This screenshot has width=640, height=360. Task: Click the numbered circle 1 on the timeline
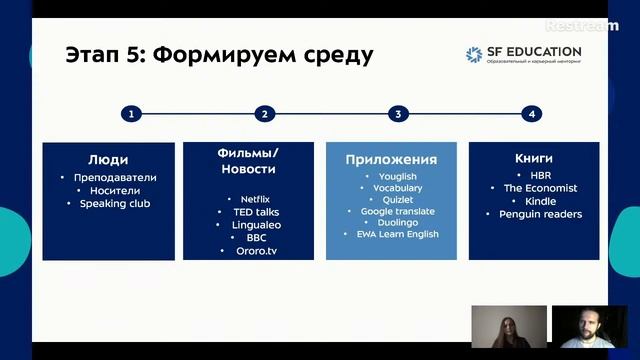[130, 114]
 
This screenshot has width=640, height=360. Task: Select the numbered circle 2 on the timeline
[264, 114]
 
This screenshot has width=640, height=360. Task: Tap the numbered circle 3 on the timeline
[398, 114]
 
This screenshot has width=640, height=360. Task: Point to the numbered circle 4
[532, 114]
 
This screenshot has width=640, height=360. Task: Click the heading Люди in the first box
[107, 159]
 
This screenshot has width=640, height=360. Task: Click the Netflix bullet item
[255, 199]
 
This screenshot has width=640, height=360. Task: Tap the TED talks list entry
[255, 212]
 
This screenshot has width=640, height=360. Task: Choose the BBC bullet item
[255, 238]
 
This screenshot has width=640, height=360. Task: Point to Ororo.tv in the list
[255, 251]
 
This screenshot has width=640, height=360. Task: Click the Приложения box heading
[391, 160]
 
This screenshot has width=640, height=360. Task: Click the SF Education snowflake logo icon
[474, 55]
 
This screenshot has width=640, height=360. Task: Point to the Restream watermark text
[582, 26]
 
